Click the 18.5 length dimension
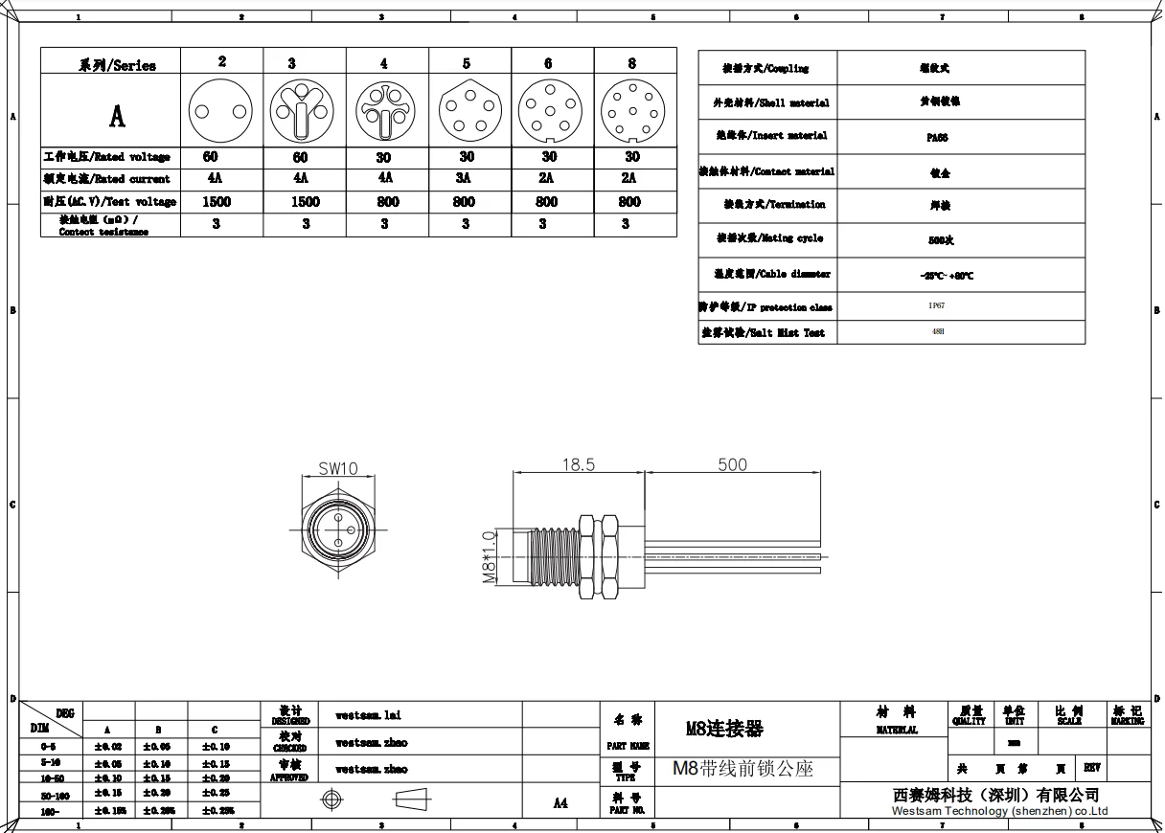pyautogui.click(x=578, y=464)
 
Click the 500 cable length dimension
pyautogui.click(x=733, y=464)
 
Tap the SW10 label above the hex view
pyautogui.click(x=337, y=468)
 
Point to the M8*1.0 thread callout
pyautogui.click(x=488, y=557)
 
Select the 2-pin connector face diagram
pyautogui.click(x=221, y=110)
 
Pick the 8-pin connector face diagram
pyautogui.click(x=631, y=110)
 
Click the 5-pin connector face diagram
pyautogui.click(x=467, y=110)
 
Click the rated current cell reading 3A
pyautogui.click(x=467, y=178)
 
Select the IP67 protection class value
pyautogui.click(x=935, y=306)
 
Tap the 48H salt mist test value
pyautogui.click(x=937, y=332)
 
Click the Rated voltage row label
pyautogui.click(x=107, y=157)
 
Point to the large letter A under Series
pyautogui.click(x=117, y=117)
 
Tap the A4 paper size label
pyautogui.click(x=561, y=803)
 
